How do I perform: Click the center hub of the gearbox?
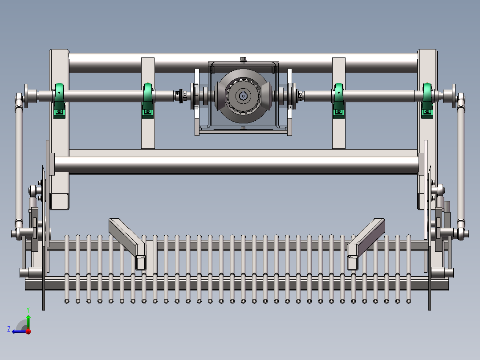pos(242,96)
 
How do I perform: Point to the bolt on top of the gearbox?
pos(243,59)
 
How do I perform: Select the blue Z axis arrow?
pos(18,331)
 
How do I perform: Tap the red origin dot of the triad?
pos(28,331)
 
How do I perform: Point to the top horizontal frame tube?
pos(243,63)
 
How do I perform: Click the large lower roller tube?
pos(236,164)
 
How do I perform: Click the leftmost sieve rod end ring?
pos(67,301)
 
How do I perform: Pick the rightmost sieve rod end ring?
pos(408,301)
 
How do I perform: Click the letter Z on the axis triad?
pos(9,329)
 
